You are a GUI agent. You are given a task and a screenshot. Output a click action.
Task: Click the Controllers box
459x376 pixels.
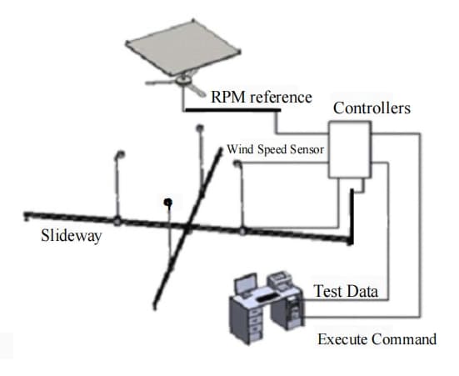(x=350, y=150)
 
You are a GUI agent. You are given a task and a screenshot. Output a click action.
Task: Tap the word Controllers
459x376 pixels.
(x=372, y=108)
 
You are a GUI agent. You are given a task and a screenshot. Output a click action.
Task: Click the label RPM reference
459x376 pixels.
(x=262, y=97)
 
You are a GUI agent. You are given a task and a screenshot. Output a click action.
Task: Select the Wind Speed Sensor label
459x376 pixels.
(x=276, y=149)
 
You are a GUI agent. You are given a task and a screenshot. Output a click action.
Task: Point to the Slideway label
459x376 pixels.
(x=72, y=235)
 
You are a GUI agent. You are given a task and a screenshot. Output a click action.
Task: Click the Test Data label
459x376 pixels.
(x=346, y=291)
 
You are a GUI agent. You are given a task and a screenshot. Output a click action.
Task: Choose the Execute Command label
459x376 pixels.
(x=377, y=339)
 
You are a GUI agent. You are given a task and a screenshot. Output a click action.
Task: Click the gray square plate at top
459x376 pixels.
(x=183, y=48)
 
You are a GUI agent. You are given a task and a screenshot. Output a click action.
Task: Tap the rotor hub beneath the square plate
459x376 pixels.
(x=184, y=79)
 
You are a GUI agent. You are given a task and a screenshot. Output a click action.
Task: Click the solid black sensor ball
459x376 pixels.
(x=167, y=203)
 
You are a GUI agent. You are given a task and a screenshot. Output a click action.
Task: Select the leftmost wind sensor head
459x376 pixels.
(x=120, y=154)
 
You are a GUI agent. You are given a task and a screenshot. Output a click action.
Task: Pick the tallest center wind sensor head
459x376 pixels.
(x=200, y=128)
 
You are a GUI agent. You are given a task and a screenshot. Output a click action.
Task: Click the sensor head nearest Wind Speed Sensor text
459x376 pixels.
(x=237, y=163)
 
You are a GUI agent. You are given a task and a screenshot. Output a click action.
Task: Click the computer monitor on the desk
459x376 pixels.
(x=247, y=283)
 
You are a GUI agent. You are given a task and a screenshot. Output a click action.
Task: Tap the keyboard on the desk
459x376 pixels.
(x=268, y=297)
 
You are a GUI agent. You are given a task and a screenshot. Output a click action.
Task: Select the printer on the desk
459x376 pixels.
(x=280, y=280)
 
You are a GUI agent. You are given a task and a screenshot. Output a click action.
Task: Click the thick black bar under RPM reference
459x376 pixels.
(x=233, y=110)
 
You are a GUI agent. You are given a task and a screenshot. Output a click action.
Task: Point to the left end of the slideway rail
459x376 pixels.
(x=26, y=215)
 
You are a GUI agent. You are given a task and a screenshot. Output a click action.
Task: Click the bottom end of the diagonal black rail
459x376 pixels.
(x=155, y=307)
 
